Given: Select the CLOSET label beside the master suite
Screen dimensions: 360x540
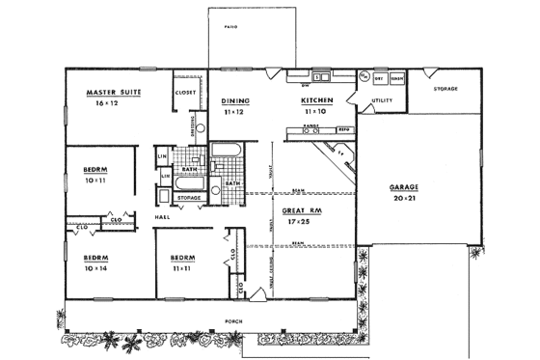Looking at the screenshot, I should (185, 93).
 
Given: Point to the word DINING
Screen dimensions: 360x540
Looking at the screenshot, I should (235, 99).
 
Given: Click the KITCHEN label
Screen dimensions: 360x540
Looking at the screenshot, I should (316, 99).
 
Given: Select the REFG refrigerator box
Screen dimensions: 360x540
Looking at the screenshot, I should (342, 128).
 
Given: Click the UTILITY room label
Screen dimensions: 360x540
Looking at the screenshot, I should (381, 98).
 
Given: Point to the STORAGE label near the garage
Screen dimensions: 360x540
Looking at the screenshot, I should (445, 89).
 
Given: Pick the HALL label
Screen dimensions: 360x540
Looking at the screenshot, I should (163, 217).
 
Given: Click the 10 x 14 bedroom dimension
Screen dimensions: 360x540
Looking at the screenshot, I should (94, 267).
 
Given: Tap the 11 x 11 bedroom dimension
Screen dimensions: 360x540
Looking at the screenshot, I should (182, 267).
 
